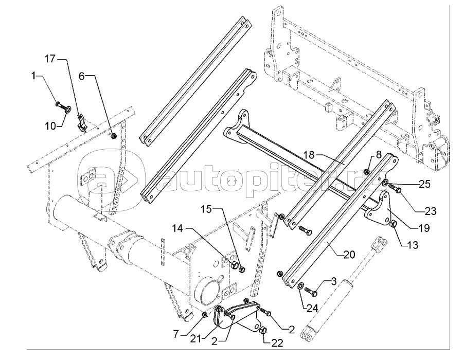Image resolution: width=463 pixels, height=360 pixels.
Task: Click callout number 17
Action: click(50, 59)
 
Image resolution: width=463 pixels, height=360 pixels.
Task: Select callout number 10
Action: click(50, 126)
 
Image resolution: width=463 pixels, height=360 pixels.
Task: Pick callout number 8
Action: click(379, 155)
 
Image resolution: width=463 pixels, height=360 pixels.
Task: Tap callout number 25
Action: click(424, 184)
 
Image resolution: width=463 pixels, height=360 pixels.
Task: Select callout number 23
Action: click(430, 211)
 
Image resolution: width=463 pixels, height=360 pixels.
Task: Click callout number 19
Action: click(424, 228)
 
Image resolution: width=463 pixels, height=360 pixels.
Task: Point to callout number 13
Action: click(412, 245)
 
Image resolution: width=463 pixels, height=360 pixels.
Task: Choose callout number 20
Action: click(349, 255)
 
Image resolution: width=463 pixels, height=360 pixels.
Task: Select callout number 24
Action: click(312, 308)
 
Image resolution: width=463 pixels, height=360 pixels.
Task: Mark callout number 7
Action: click(176, 334)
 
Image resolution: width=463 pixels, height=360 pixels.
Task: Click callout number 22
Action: click(277, 343)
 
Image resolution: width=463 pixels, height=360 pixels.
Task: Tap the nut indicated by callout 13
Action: click(394, 224)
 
